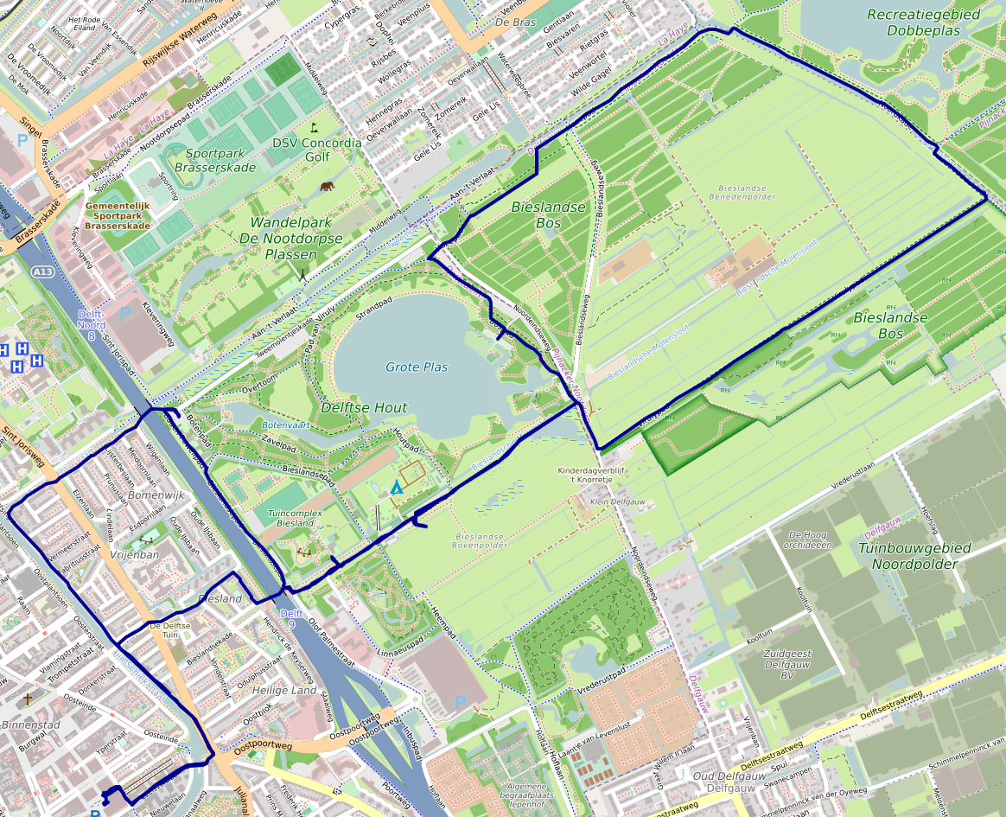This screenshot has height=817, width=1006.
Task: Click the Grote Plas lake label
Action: (x=417, y=367)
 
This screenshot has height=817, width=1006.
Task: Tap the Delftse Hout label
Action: (x=363, y=407)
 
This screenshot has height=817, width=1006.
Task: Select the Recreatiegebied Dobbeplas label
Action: (x=923, y=22)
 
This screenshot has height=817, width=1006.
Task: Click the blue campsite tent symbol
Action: (x=396, y=488)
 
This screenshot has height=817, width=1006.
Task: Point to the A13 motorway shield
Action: (x=41, y=272)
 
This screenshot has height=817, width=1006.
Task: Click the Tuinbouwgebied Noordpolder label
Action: (x=915, y=556)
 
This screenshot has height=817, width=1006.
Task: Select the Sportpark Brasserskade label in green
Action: (x=214, y=161)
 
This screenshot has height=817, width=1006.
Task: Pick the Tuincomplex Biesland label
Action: (x=290, y=518)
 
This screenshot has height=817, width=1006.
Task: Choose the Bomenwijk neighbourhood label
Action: (x=156, y=495)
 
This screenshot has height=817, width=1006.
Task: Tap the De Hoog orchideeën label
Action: (x=809, y=539)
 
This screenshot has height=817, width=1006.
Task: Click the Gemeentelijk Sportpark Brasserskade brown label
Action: (x=117, y=215)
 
